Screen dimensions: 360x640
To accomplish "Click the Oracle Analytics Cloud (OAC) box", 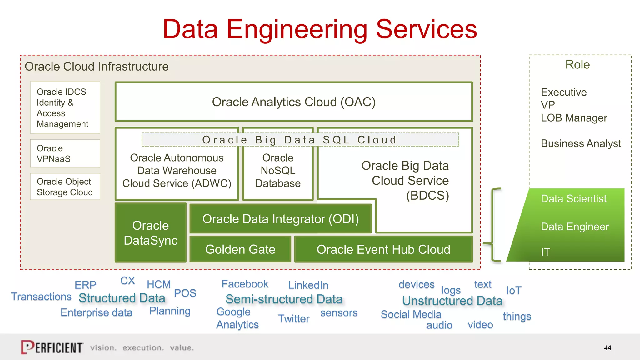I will point(294,102).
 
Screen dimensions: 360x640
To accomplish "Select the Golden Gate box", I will point(240,249).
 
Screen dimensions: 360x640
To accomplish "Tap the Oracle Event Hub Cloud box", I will point(383,249).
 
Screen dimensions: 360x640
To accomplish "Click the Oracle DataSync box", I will point(151,233).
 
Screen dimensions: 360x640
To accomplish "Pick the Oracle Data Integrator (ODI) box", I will point(281,219).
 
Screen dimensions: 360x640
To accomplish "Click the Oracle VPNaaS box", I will point(65,153).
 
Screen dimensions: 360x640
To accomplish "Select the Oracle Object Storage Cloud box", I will point(65,187).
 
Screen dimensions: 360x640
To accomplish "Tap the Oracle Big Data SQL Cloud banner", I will point(300,140).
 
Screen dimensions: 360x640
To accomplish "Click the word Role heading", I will point(577,65).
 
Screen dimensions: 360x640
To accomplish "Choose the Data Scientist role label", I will point(573,199).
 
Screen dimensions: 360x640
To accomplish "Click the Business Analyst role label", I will point(581,143).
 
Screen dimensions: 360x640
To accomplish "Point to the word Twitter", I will point(294,319).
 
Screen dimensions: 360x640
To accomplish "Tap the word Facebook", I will point(245,284).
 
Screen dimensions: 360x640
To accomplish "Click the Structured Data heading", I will point(122,298).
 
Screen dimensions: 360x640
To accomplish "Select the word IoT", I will point(513,291).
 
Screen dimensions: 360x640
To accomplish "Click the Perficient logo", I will point(52,347).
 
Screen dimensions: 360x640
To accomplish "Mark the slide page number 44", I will point(607,348).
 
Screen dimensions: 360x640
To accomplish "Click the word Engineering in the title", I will point(297,29).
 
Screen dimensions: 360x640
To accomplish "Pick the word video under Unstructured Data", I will point(480,325).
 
